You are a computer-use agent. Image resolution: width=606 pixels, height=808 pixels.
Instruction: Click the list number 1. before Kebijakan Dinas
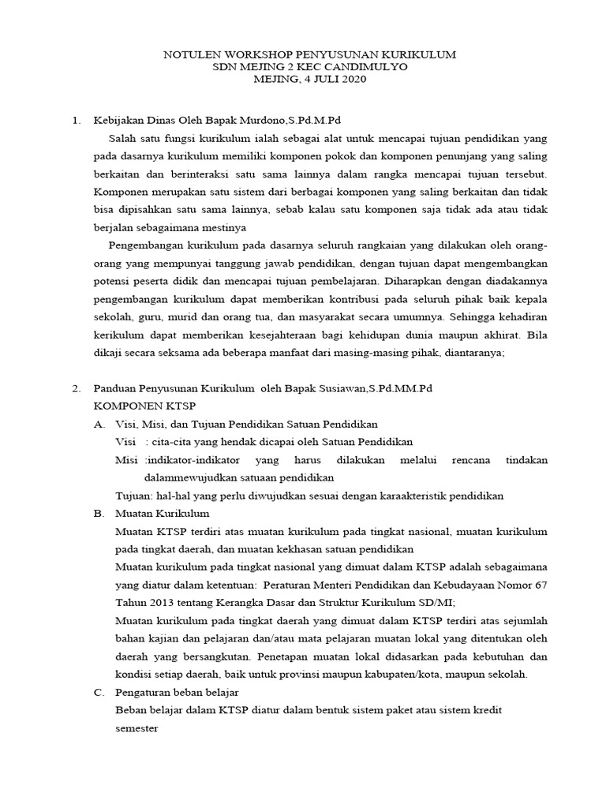point(76,121)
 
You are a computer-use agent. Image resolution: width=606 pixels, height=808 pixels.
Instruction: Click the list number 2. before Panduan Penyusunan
point(76,389)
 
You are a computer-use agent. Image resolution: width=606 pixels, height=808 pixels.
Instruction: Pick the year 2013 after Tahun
point(159,602)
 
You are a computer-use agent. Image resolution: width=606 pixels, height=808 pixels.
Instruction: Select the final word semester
point(137,729)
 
